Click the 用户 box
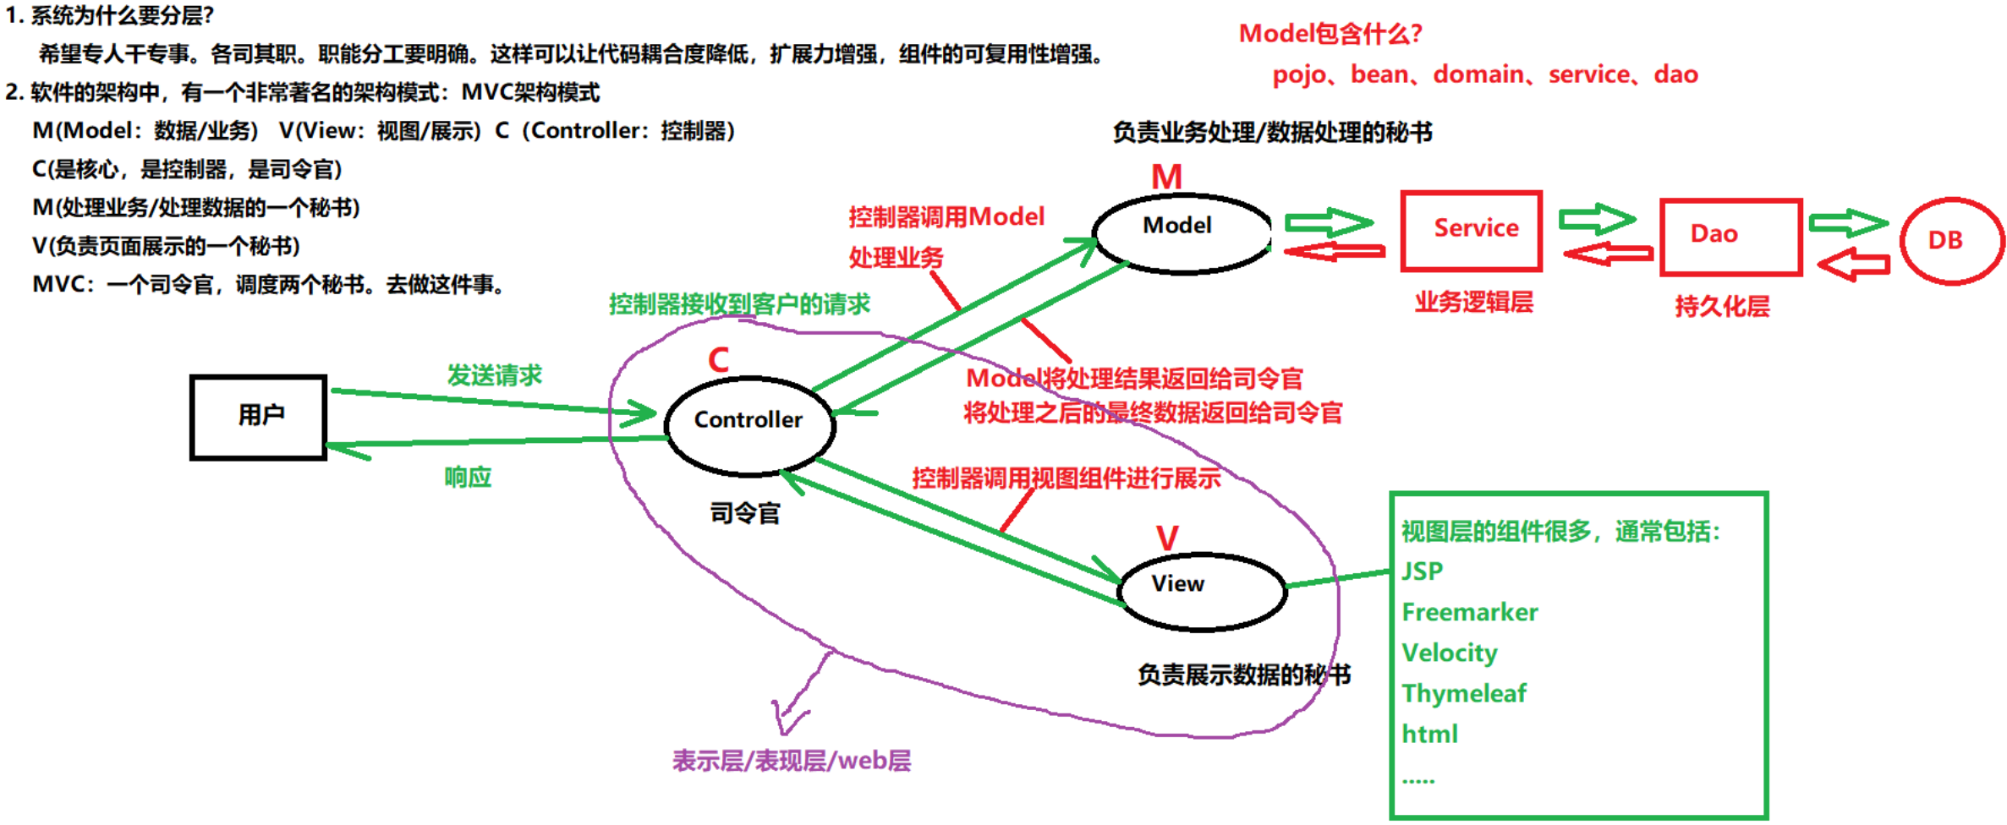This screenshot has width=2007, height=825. click(x=259, y=418)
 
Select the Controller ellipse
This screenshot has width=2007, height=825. click(x=749, y=425)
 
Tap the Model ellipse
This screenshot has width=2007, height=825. click(x=1182, y=233)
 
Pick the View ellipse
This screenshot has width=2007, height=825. click(x=1203, y=591)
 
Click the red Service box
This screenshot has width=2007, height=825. click(x=1472, y=231)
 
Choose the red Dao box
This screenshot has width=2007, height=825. click(x=1730, y=238)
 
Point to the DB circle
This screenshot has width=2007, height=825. click(x=1951, y=241)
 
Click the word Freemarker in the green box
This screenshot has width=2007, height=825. click(x=1469, y=612)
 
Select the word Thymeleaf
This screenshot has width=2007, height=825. click(x=1463, y=693)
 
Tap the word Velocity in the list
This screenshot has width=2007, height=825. click(x=1449, y=653)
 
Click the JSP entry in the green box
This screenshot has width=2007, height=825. click(x=1422, y=571)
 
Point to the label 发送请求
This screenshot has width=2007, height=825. click(x=494, y=375)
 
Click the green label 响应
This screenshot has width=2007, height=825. click(x=468, y=478)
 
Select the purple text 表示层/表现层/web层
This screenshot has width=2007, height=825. click(x=791, y=761)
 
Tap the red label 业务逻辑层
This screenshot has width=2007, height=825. click(x=1473, y=302)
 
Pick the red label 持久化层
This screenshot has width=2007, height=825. click(x=1722, y=306)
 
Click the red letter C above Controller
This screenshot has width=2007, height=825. click(x=718, y=360)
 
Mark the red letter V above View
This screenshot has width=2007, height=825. click(x=1167, y=538)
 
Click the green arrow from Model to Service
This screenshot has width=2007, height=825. click(x=1328, y=222)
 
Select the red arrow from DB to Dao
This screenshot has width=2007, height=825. click(x=1853, y=265)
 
